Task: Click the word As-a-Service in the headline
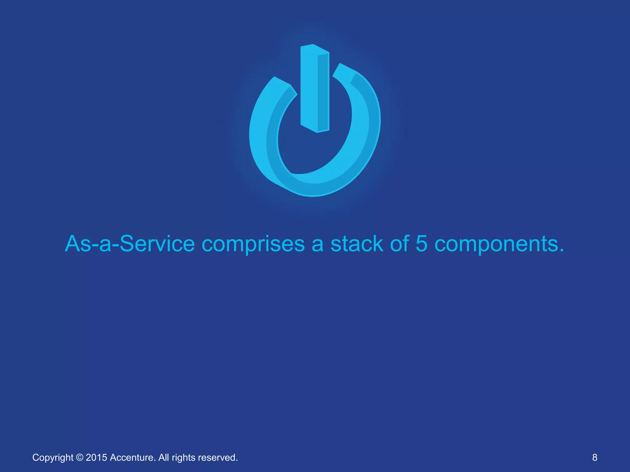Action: pyautogui.click(x=130, y=244)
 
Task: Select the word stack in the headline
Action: pyautogui.click(x=357, y=244)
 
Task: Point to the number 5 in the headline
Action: pyautogui.click(x=421, y=244)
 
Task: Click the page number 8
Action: pyautogui.click(x=595, y=457)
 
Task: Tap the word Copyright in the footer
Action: pyautogui.click(x=53, y=458)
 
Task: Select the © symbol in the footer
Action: pyautogui.click(x=79, y=458)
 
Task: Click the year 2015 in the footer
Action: pyautogui.click(x=96, y=458)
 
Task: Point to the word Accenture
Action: pyautogui.click(x=133, y=458)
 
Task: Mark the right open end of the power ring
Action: pyautogui.click(x=345, y=69)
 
